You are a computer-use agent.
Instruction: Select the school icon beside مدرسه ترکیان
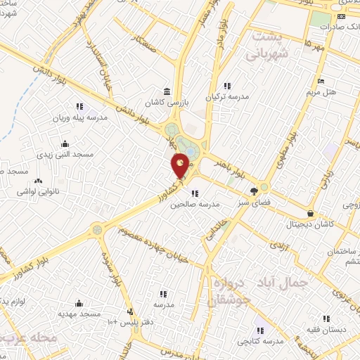[x=226, y=86]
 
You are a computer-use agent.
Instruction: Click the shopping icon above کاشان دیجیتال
[x=310, y=212]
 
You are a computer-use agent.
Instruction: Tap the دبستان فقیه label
[x=323, y=329]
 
